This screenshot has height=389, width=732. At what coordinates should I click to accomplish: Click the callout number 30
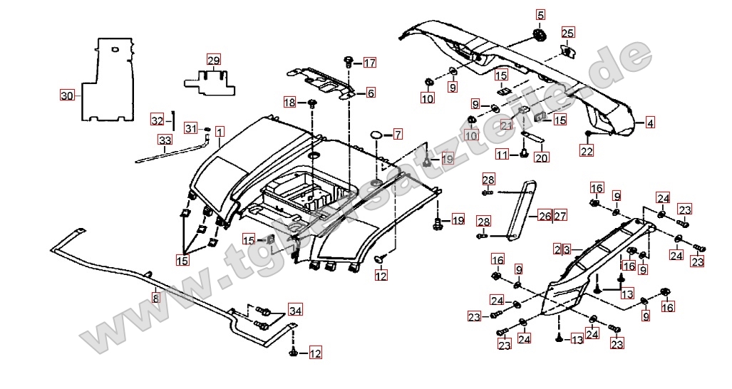66,95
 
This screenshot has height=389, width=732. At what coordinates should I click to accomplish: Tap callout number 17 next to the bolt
369,63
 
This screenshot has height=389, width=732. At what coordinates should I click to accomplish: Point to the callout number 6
371,93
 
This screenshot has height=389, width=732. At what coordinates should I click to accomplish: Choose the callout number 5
540,15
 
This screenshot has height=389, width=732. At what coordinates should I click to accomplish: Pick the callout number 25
567,33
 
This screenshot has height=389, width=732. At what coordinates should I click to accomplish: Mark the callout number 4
650,123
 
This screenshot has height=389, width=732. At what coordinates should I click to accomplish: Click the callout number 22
587,150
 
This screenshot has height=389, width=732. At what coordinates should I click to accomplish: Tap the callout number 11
502,155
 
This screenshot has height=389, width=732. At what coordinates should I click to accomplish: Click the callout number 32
158,118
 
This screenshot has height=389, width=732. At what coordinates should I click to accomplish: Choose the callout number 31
190,128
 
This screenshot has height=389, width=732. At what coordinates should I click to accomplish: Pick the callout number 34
295,310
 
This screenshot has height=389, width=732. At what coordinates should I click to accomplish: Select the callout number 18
289,103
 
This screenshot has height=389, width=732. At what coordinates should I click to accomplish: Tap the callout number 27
560,216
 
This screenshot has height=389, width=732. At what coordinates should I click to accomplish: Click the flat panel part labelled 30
110,78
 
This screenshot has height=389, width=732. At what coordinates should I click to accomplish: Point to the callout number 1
220,132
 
